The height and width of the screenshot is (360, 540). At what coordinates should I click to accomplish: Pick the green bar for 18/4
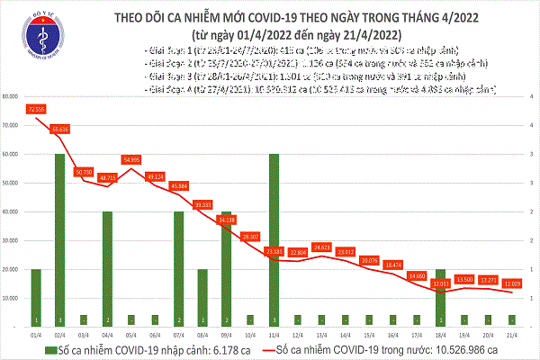pyautogui.click(x=439, y=297)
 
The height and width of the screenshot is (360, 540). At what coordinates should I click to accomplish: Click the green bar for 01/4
pyautogui.click(x=37, y=297)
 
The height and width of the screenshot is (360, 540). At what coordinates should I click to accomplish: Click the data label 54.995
pyautogui.click(x=131, y=158)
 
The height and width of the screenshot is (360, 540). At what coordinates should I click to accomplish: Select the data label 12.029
pyautogui.click(x=510, y=283)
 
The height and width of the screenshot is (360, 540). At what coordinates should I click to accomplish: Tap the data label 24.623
pyautogui.click(x=321, y=247)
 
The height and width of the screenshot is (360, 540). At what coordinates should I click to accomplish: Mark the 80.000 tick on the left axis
pyautogui.click(x=13, y=96)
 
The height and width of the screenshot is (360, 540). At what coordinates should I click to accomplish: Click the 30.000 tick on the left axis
pyautogui.click(x=13, y=240)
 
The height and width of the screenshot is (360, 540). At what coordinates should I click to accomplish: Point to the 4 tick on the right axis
pyautogui.click(x=532, y=96)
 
